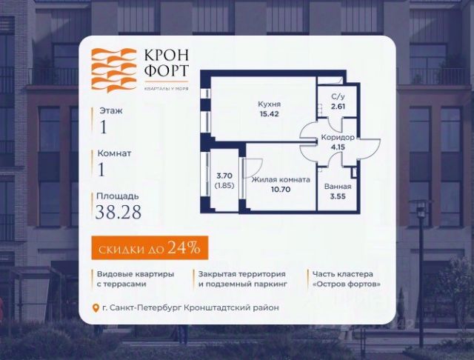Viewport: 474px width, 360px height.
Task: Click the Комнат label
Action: [x=114, y=153]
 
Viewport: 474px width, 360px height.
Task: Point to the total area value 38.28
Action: [x=118, y=213]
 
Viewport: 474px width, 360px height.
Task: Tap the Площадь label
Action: [x=117, y=196]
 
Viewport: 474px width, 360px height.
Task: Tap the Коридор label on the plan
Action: [x=337, y=138]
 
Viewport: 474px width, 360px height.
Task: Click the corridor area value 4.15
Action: [x=337, y=147]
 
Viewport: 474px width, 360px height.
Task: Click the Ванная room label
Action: [x=338, y=187]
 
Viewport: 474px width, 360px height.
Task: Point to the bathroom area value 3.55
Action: [x=338, y=197]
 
